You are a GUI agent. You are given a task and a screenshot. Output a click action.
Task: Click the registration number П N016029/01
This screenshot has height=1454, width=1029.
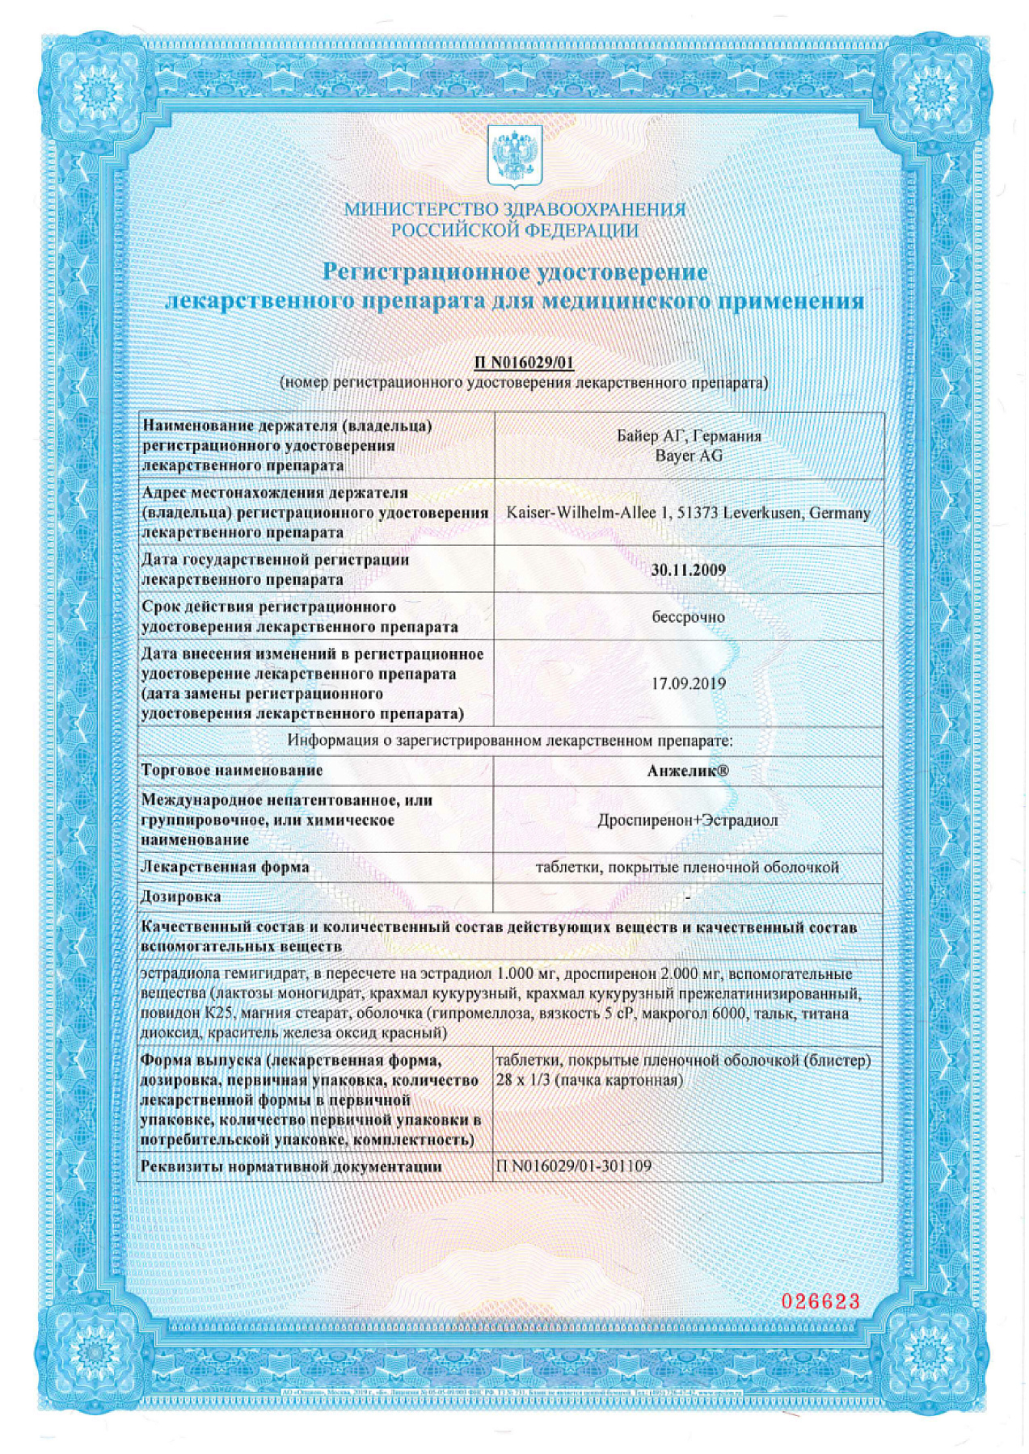524,363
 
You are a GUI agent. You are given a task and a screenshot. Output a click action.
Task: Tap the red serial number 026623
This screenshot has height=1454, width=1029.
820,1301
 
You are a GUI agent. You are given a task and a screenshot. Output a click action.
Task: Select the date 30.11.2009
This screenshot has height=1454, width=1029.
688,569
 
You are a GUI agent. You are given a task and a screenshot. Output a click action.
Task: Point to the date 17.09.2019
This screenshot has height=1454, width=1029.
688,683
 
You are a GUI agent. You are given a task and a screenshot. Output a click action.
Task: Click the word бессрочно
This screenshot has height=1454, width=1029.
688,617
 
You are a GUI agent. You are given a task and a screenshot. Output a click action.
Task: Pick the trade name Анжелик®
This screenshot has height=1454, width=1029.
688,771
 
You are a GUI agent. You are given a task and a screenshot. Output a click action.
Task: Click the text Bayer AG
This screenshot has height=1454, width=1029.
689,456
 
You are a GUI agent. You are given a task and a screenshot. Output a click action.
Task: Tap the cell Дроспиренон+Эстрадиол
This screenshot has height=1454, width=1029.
688,821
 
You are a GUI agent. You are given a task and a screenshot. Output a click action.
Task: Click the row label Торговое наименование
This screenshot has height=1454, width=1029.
232,771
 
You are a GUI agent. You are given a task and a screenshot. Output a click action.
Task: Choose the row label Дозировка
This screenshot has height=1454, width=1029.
181,897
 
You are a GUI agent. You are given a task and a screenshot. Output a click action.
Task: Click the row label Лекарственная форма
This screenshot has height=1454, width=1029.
225,868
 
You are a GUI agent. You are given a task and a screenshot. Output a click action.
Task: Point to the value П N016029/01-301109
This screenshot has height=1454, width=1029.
573,1166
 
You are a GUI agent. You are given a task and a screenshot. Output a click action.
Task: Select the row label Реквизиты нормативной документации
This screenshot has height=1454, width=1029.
291,1166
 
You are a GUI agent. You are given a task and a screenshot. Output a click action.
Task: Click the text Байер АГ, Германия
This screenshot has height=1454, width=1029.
689,436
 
